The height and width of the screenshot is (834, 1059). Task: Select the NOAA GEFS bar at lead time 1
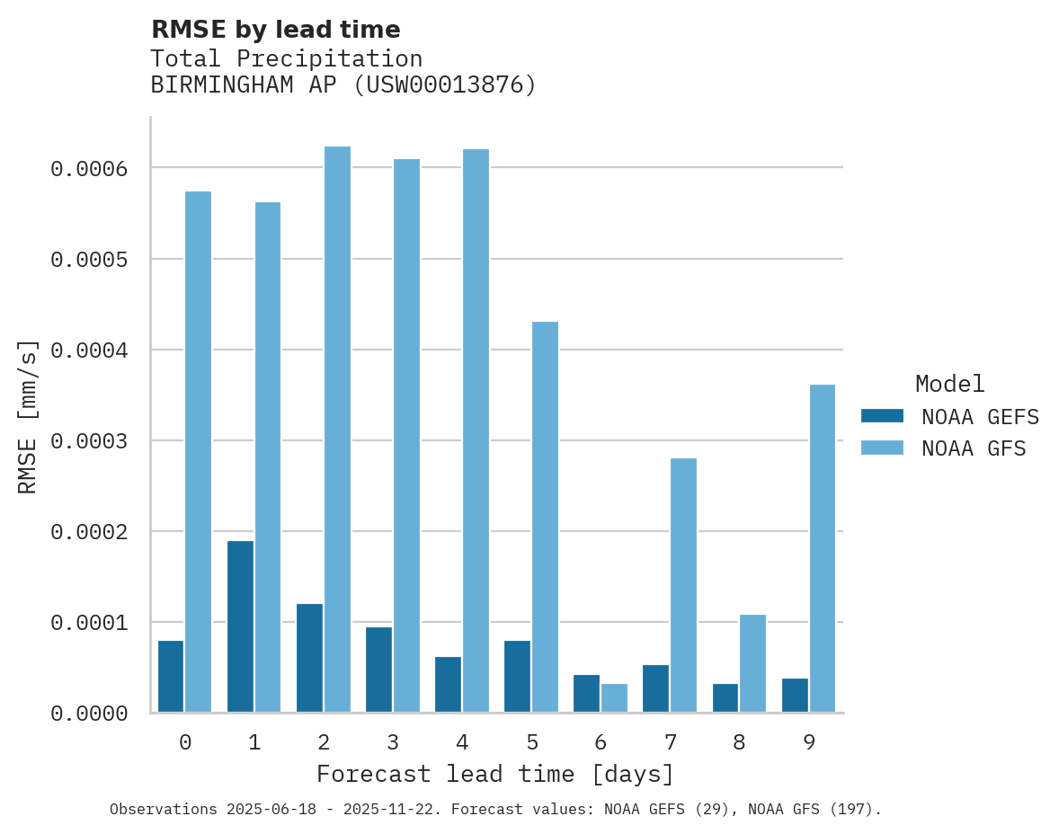[240, 626]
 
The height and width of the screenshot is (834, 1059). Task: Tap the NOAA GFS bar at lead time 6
[614, 698]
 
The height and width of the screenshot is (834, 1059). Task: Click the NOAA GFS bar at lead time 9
[822, 548]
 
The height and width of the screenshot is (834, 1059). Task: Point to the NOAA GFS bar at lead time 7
[683, 585]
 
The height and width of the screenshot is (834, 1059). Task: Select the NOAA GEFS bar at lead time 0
[171, 677]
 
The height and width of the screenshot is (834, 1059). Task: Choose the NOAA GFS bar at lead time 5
[545, 517]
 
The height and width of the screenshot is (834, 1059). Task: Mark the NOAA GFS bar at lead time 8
[752, 663]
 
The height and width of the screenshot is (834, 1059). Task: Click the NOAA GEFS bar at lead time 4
[448, 685]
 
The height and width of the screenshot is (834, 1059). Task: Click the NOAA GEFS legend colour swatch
[882, 416]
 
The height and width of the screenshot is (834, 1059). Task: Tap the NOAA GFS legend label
[974, 448]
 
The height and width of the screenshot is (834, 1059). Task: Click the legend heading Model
[949, 384]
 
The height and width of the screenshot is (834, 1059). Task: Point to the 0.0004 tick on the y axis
[88, 350]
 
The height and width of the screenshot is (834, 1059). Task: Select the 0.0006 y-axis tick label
[88, 168]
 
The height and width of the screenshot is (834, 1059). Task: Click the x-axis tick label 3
[393, 742]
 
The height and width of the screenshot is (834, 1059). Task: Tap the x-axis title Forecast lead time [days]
[495, 774]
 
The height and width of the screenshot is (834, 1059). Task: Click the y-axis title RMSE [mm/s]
[28, 416]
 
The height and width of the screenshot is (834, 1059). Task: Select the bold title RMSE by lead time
[275, 30]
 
